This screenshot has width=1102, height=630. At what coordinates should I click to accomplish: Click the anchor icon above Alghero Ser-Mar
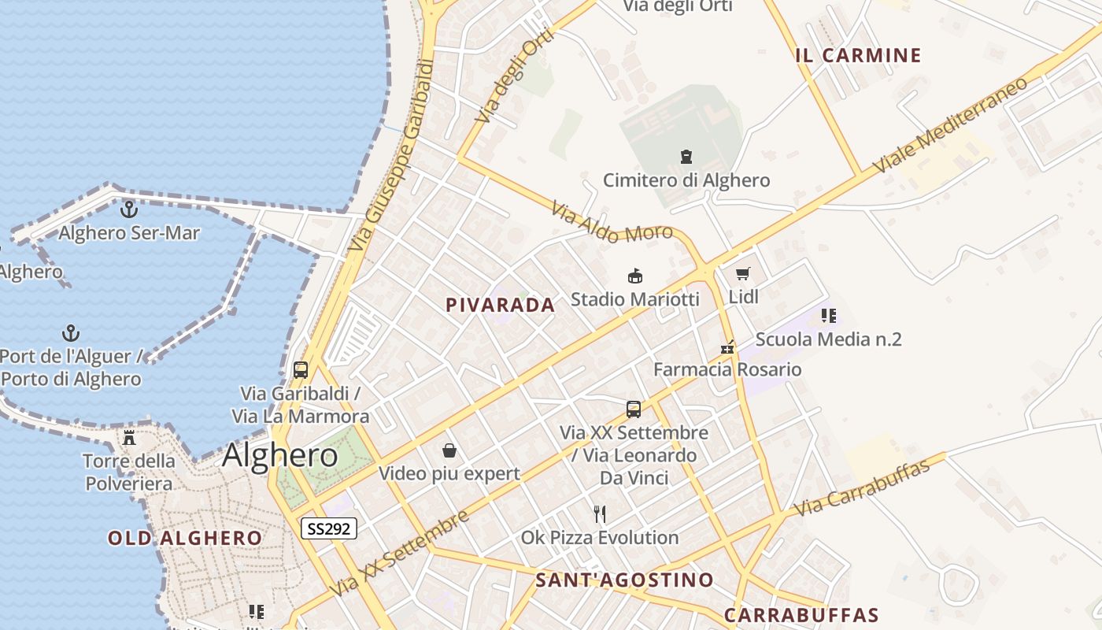128,209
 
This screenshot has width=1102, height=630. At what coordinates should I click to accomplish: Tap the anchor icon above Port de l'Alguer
71,332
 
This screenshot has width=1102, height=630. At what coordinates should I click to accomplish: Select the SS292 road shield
329,528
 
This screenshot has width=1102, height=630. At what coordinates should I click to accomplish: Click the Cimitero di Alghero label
686,180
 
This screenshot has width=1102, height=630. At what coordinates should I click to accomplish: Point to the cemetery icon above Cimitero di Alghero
686,157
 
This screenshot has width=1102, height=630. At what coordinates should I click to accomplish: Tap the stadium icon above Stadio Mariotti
634,276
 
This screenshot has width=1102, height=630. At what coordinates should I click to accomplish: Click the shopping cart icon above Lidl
742,274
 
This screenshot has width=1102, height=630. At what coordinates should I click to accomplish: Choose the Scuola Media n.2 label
828,339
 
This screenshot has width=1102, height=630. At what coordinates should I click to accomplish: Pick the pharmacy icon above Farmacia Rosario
727,347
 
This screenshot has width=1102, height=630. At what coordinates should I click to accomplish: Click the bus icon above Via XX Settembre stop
634,409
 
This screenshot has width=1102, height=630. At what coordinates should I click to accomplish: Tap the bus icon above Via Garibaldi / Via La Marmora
300,369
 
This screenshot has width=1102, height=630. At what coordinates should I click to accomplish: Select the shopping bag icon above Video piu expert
449,450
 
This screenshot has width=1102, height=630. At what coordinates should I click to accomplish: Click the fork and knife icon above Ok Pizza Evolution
600,514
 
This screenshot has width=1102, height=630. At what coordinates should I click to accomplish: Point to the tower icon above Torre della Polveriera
129,437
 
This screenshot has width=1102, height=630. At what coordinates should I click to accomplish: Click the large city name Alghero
280,456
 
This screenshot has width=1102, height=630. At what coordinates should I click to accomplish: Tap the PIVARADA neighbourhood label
500,306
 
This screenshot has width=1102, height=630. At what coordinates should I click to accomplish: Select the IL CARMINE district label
858,55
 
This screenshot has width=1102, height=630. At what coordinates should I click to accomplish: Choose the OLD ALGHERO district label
185,539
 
